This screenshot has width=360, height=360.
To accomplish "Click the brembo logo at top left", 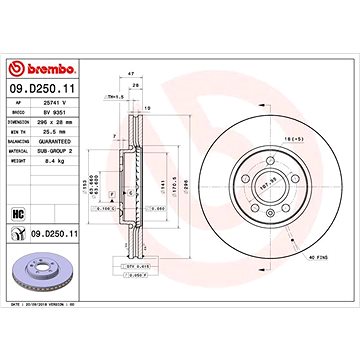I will point(45,68).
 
